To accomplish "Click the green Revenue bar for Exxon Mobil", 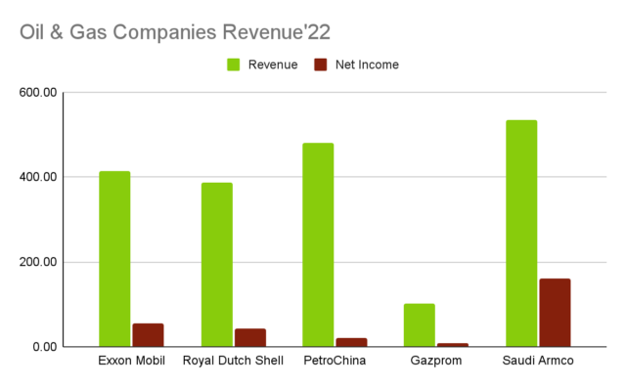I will click(x=114, y=259).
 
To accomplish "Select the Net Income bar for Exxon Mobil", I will click(x=148, y=334).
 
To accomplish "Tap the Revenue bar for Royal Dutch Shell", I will click(x=216, y=265).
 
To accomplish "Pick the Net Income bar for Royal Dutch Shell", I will click(x=250, y=337).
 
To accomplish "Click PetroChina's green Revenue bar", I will click(x=318, y=245).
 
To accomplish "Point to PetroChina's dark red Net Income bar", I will click(x=352, y=342).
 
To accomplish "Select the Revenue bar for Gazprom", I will click(x=420, y=325).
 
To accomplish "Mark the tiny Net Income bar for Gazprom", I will click(x=453, y=344).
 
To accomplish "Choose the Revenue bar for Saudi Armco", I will click(x=521, y=234).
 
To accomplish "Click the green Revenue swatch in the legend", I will click(x=234, y=64).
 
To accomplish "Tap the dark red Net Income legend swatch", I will click(x=320, y=64).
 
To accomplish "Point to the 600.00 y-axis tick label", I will click(x=39, y=93).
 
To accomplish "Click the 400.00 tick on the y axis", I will click(x=39, y=177).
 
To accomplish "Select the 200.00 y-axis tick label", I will click(x=39, y=262).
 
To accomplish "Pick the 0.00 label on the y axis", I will click(x=46, y=347).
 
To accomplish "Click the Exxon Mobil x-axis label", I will click(x=132, y=362).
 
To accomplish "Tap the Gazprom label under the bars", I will click(x=436, y=362).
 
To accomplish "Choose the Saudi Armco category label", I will click(x=538, y=362).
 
